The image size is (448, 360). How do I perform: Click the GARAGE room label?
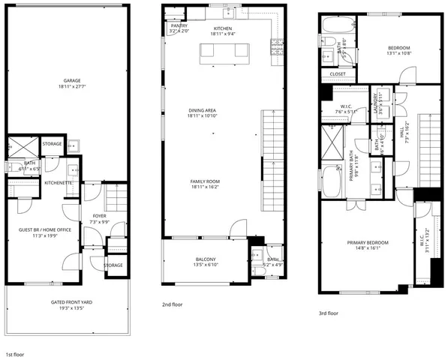pos(72,80)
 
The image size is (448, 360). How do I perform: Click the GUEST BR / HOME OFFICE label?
pos(44,229)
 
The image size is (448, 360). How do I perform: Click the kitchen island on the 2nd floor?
pos(222,51)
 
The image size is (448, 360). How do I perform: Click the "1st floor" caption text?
pos(16,353)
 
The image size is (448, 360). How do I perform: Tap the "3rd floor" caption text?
pos(329,313)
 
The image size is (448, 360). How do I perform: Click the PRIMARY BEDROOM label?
pos(368,242)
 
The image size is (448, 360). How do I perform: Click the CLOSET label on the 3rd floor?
pos(338,74)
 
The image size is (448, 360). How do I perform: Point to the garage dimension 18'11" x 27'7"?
pos(72,87)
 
